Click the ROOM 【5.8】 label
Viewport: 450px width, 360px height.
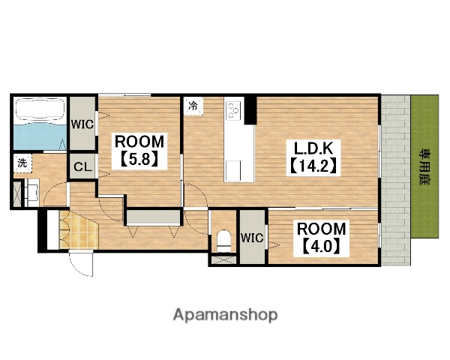[139, 151]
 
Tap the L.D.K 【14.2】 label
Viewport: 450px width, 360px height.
[313, 158]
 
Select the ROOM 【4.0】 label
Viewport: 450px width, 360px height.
[321, 238]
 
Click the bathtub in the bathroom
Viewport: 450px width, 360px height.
[40, 109]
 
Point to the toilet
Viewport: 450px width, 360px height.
[223, 241]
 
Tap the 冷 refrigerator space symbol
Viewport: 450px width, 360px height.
[193, 106]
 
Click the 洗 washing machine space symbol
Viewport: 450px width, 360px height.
[22, 163]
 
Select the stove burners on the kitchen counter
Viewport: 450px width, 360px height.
[233, 110]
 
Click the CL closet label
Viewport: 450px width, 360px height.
[82, 166]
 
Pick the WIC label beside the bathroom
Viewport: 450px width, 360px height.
[82, 124]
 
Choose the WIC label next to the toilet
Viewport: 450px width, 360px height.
[252, 238]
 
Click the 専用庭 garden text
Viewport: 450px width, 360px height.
[424, 166]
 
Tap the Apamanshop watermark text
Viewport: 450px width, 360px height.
[225, 315]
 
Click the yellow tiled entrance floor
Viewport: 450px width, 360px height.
[78, 230]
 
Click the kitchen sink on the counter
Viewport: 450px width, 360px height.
[232, 170]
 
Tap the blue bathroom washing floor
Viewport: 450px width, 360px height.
[40, 136]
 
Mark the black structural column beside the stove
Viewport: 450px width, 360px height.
[250, 110]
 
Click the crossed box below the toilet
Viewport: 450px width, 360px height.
[223, 259]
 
